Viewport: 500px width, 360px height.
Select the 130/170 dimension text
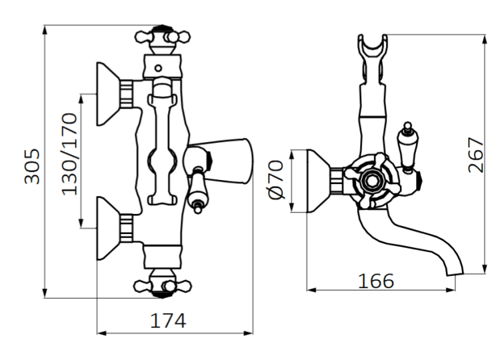coord(69,153)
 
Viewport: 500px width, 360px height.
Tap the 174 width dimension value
coord(167,320)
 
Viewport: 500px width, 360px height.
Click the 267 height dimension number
coord(475,155)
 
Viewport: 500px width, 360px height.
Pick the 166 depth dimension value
coord(375,280)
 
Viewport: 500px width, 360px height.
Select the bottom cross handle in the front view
coord(160,285)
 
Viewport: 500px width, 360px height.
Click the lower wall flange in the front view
coord(110,227)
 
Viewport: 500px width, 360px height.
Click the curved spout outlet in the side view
coord(453,267)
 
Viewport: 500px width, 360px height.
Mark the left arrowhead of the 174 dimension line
coord(99,332)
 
